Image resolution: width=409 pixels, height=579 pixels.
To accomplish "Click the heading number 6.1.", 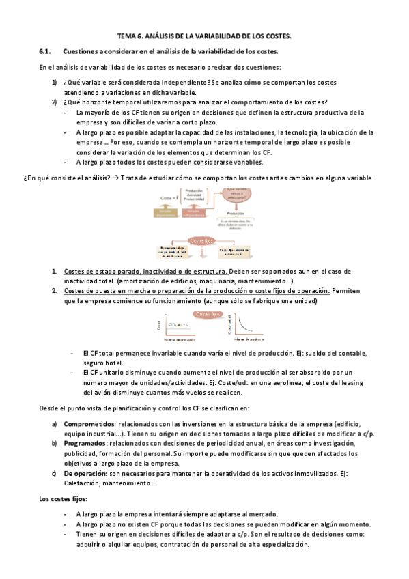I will click(46, 51).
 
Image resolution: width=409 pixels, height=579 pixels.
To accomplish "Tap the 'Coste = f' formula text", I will click(168, 197).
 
